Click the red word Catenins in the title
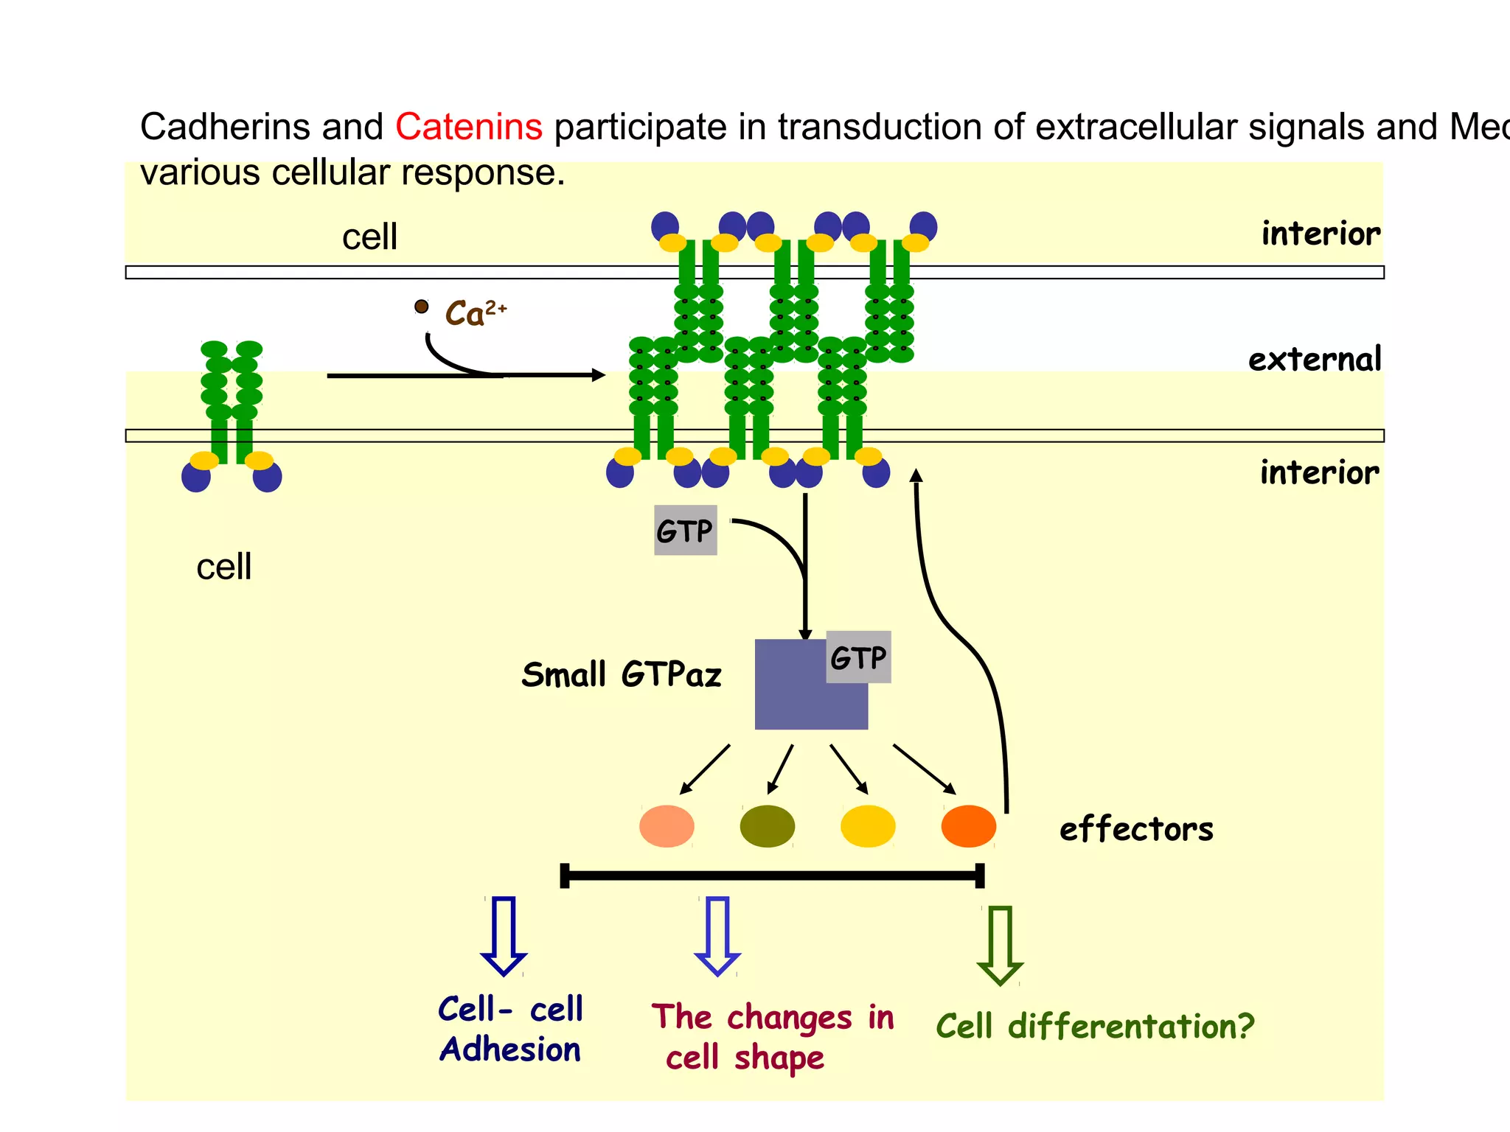(x=469, y=127)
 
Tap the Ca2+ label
(x=475, y=313)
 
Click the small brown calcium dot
(x=422, y=306)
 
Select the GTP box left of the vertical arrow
(x=685, y=531)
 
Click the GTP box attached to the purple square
(x=858, y=657)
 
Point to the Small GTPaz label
(x=621, y=674)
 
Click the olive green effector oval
(x=767, y=826)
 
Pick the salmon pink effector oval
(x=667, y=826)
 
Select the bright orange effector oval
(x=968, y=826)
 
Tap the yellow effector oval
(x=868, y=826)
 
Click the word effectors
(x=1135, y=829)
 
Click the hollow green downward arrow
(x=1000, y=946)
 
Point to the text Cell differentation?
(x=1095, y=1026)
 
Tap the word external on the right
(x=1314, y=360)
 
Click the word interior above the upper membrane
(x=1320, y=234)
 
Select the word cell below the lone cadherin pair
(x=223, y=567)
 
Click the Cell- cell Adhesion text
(x=510, y=1030)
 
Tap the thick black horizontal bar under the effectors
(x=772, y=876)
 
